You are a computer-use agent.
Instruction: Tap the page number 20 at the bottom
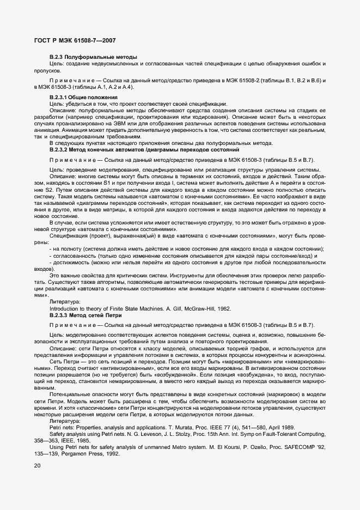tap(38, 465)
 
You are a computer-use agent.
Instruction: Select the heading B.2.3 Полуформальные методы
tap(93, 57)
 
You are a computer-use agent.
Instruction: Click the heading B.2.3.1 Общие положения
tap(83, 97)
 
